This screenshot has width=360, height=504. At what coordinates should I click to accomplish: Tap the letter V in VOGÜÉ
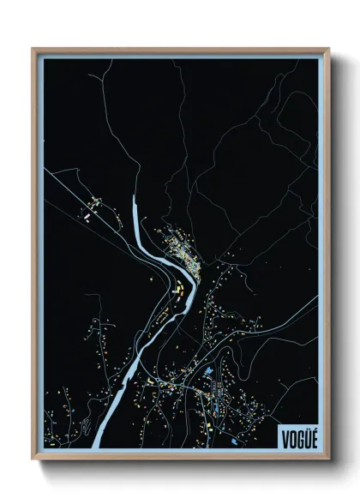[284, 437]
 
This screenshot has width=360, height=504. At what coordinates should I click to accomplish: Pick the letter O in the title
[290, 437]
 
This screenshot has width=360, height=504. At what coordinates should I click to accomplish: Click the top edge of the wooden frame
[180, 49]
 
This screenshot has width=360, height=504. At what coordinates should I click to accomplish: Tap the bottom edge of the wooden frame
[180, 459]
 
